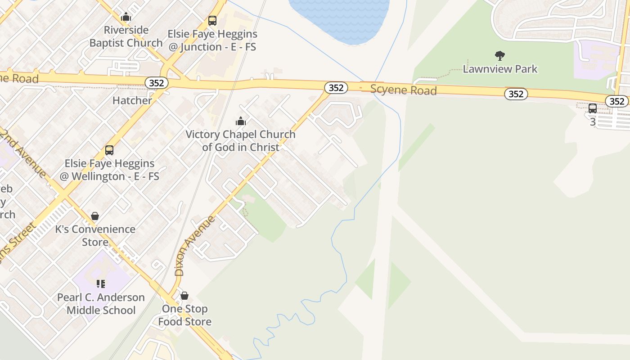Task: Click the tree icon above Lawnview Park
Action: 499,56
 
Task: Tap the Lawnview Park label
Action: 500,69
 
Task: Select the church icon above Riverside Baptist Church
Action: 126,17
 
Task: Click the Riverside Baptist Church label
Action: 126,36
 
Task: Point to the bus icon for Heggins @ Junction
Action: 212,21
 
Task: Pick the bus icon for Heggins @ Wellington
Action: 109,150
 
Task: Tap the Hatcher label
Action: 132,100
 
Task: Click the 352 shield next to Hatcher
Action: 157,83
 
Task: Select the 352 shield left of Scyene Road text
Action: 336,88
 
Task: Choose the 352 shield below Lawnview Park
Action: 516,94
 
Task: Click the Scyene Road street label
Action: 404,90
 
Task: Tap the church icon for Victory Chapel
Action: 241,121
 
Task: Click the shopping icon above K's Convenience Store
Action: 95,216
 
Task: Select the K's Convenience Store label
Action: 95,235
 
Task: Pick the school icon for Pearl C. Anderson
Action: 101,283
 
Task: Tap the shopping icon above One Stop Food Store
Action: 184,296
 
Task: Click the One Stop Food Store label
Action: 184,315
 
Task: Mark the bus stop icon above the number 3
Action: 593,108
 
